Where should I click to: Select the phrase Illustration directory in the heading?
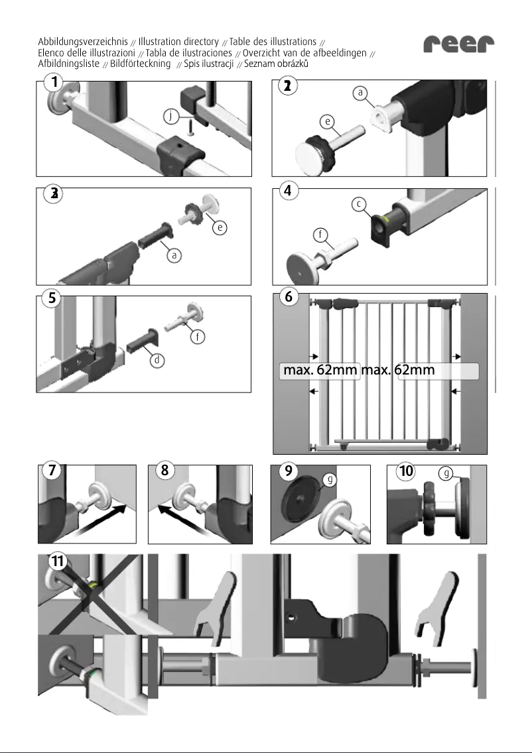(x=178, y=42)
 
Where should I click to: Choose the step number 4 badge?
(x=287, y=191)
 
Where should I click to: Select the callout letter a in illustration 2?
(x=360, y=93)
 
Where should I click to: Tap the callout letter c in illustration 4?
(x=358, y=204)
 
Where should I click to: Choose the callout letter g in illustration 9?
(x=326, y=479)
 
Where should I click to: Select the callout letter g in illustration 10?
(x=446, y=473)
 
